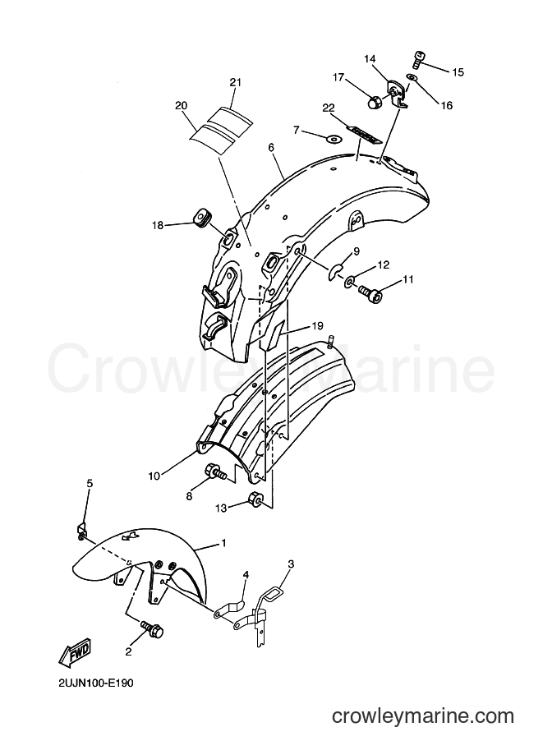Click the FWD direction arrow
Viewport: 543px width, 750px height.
click(x=76, y=651)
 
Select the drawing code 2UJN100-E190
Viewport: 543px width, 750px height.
click(x=94, y=683)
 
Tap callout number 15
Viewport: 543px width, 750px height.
click(x=458, y=71)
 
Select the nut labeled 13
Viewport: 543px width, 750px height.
click(x=255, y=501)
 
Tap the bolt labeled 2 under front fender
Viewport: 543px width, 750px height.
click(x=151, y=628)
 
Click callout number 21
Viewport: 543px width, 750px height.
click(x=235, y=82)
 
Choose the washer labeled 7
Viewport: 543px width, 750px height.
click(x=331, y=139)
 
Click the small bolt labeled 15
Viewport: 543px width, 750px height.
click(x=417, y=58)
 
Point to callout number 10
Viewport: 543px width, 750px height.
click(x=154, y=476)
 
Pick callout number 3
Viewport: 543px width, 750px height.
click(x=291, y=564)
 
